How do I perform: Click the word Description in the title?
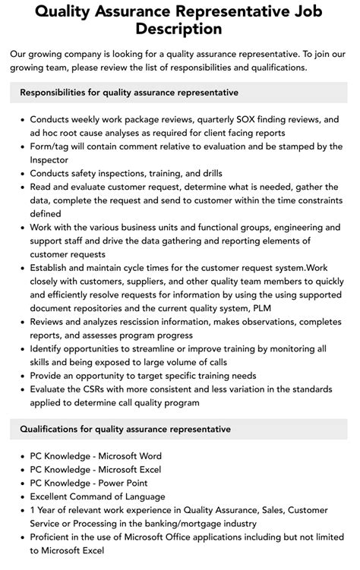point(180,30)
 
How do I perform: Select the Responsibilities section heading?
point(128,93)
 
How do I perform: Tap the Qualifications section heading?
point(125,429)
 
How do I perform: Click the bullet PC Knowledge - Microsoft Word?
point(96,456)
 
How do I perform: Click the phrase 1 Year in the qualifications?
point(46,511)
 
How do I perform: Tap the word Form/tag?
point(49,146)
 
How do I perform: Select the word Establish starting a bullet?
point(52,269)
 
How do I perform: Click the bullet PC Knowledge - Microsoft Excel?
point(96,470)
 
